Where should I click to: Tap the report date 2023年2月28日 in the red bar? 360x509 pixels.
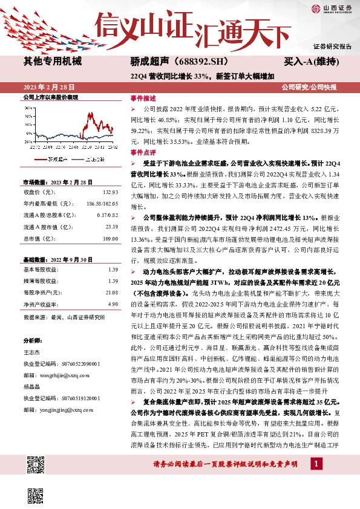47,87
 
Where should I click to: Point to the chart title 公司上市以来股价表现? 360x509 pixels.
51,97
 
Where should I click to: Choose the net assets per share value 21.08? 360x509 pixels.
111,292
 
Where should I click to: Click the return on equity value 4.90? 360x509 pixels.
113,303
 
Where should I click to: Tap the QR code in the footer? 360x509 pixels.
36,466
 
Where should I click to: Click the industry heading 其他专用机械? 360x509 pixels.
52,62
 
